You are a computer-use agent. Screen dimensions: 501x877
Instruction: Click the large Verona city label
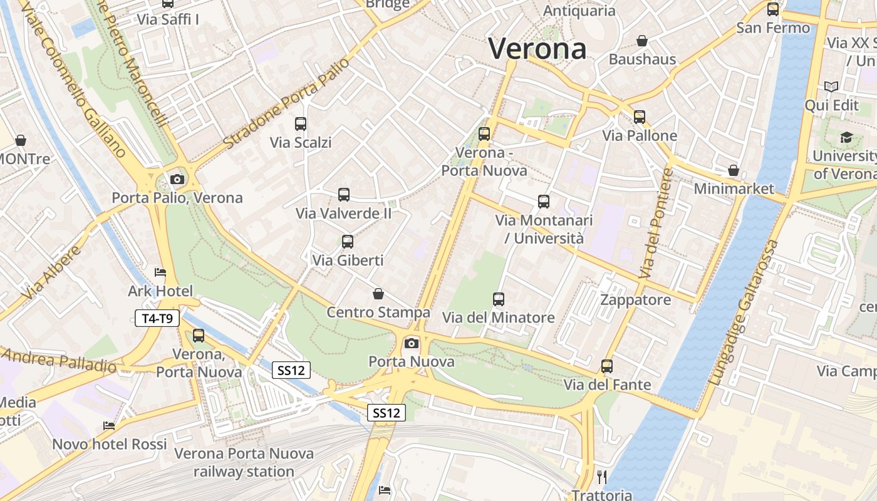(537, 49)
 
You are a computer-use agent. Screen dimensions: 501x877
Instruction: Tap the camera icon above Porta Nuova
(411, 343)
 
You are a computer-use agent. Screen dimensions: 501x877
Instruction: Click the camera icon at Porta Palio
(177, 180)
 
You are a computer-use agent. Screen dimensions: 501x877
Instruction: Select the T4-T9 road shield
(157, 318)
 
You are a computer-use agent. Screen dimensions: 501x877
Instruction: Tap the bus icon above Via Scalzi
(301, 124)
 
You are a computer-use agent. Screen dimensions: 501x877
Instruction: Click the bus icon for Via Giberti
(347, 241)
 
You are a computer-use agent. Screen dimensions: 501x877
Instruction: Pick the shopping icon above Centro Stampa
(378, 294)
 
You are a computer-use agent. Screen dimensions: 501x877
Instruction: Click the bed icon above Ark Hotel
(160, 272)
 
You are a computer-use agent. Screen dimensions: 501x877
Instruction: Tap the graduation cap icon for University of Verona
(846, 137)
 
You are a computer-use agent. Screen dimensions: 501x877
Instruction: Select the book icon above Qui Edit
(831, 87)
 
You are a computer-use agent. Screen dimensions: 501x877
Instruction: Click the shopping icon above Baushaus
(642, 41)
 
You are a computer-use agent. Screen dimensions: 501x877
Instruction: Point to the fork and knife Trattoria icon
(602, 477)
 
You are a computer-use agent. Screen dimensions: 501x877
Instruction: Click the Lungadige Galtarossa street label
(744, 312)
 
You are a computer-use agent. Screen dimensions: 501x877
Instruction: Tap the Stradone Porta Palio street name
(286, 103)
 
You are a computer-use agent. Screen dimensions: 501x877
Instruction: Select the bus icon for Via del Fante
(606, 366)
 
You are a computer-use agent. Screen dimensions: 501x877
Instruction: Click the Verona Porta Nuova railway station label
(244, 462)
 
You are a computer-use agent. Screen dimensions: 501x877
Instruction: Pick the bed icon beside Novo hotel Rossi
(109, 426)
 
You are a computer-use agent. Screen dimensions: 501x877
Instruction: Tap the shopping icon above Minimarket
(734, 170)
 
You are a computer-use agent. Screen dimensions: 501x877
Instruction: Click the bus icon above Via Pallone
(639, 117)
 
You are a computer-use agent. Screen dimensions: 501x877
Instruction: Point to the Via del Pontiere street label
(655, 224)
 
